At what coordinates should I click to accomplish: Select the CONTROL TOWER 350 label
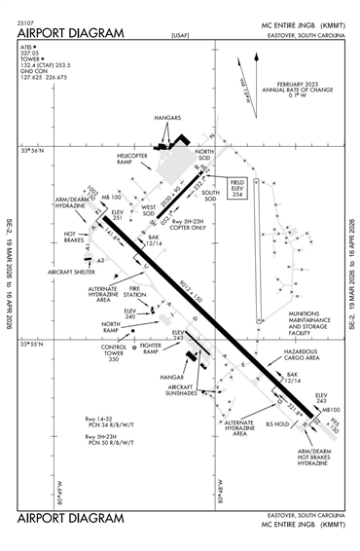tap(113, 352)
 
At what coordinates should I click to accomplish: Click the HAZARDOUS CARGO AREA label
tap(302, 355)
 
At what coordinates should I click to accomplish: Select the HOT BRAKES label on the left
tap(75, 237)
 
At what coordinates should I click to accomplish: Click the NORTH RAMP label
tap(111, 326)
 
